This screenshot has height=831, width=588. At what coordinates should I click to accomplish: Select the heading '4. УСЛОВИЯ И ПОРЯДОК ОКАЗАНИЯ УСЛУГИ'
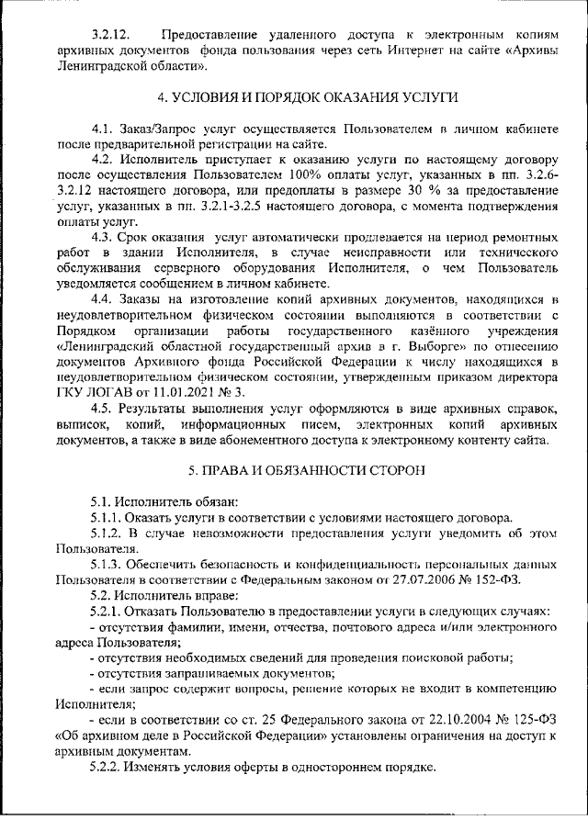(x=293, y=97)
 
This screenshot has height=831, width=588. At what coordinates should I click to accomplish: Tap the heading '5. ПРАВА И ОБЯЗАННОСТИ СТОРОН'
(x=293, y=470)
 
